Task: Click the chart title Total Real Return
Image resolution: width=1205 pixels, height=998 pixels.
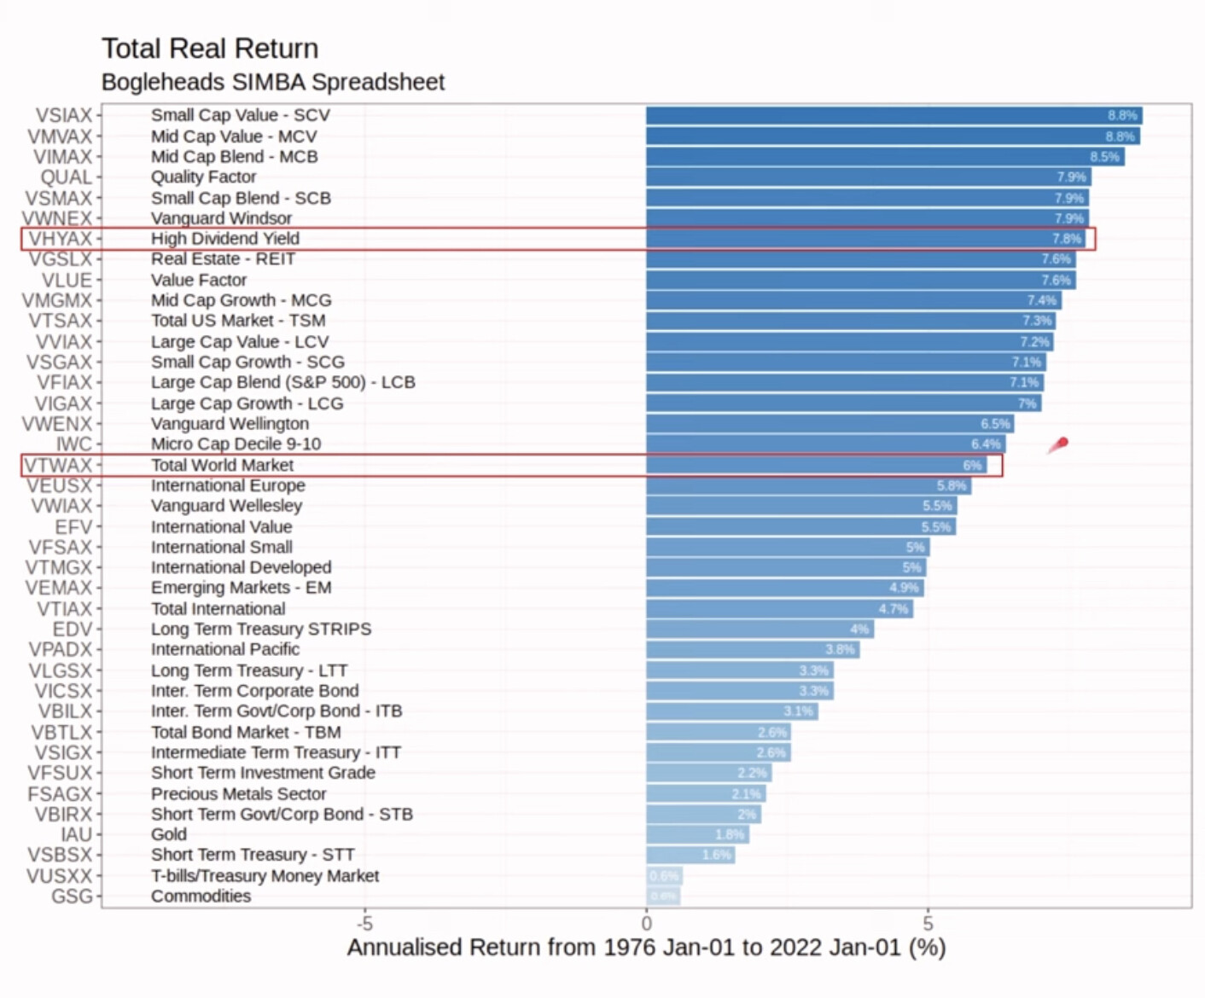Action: point(210,49)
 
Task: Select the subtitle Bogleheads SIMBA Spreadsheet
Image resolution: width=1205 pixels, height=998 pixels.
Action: point(273,82)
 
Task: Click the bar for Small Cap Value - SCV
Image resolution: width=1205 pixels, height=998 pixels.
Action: point(893,115)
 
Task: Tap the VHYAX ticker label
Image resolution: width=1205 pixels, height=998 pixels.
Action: point(60,239)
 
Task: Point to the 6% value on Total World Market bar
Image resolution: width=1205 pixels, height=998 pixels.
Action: point(972,466)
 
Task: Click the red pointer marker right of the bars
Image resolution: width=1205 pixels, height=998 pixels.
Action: point(1060,444)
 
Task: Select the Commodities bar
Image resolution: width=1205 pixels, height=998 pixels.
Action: point(663,896)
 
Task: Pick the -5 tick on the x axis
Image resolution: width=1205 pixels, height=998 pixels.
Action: point(364,923)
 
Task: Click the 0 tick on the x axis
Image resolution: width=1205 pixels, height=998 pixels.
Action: point(647,923)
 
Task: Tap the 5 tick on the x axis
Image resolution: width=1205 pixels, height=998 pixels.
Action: point(928,923)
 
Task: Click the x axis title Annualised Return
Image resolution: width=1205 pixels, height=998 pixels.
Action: point(646,948)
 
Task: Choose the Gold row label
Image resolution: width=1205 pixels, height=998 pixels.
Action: point(169,834)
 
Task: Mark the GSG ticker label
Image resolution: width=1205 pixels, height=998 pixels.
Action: point(72,896)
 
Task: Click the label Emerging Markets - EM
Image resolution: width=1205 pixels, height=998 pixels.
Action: point(242,588)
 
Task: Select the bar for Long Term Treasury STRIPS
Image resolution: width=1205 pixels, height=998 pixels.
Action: point(760,630)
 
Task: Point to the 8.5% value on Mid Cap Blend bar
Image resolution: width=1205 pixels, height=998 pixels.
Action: point(1104,157)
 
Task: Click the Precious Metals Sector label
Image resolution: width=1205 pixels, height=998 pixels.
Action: point(239,793)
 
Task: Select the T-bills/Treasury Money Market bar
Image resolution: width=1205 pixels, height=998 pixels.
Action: point(664,876)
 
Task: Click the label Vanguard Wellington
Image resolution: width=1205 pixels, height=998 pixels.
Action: point(230,424)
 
